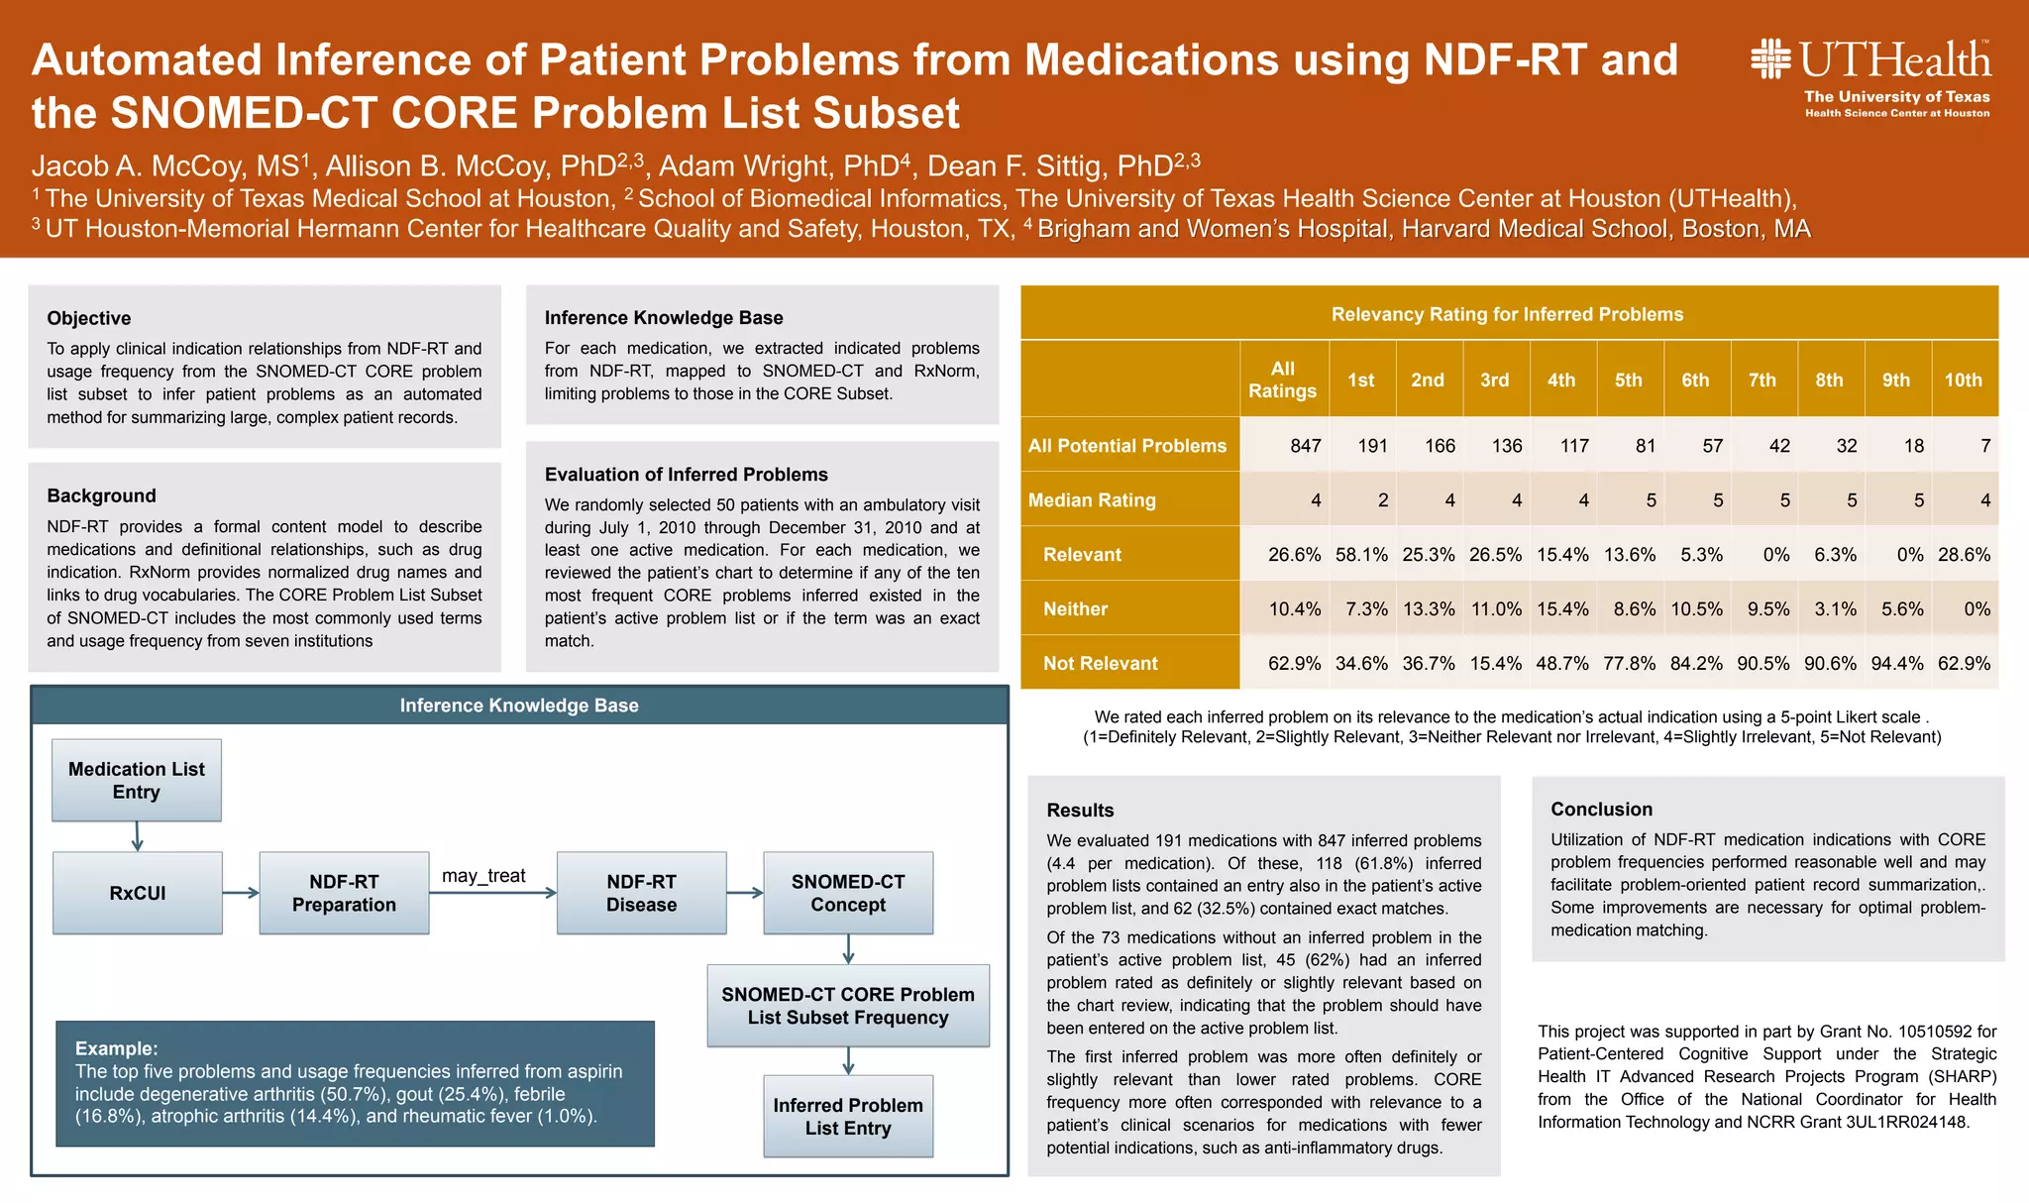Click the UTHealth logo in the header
coord(1870,77)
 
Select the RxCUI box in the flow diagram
coord(138,893)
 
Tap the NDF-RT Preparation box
coord(344,893)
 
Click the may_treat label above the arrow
coord(483,876)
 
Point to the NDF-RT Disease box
coord(641,893)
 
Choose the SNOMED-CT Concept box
coord(848,893)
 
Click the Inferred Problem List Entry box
coord(848,1117)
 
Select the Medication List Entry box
coord(137,780)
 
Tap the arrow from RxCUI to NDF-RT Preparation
coord(241,893)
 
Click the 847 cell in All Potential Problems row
coord(1305,446)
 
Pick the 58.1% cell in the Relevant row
coord(1361,555)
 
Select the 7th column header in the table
coord(1762,380)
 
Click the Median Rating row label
coord(1092,500)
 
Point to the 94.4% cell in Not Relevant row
coord(1896,664)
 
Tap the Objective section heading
coord(89,318)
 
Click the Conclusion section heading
coord(1601,810)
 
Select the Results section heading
coord(1080,811)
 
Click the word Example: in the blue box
coord(116,1048)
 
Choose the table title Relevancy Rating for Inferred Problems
coord(1507,314)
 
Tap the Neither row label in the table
coord(1075,609)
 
